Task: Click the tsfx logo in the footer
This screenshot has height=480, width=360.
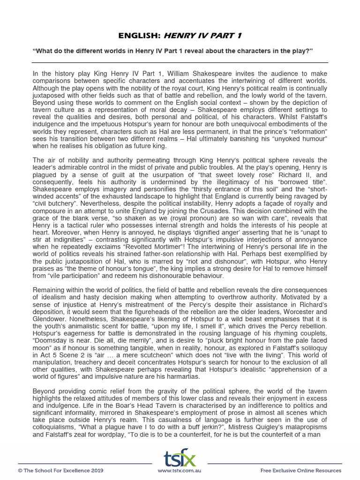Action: [180, 458]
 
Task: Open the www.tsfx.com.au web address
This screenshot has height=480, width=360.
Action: [180, 470]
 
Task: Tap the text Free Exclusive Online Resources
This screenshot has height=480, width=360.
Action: [301, 470]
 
